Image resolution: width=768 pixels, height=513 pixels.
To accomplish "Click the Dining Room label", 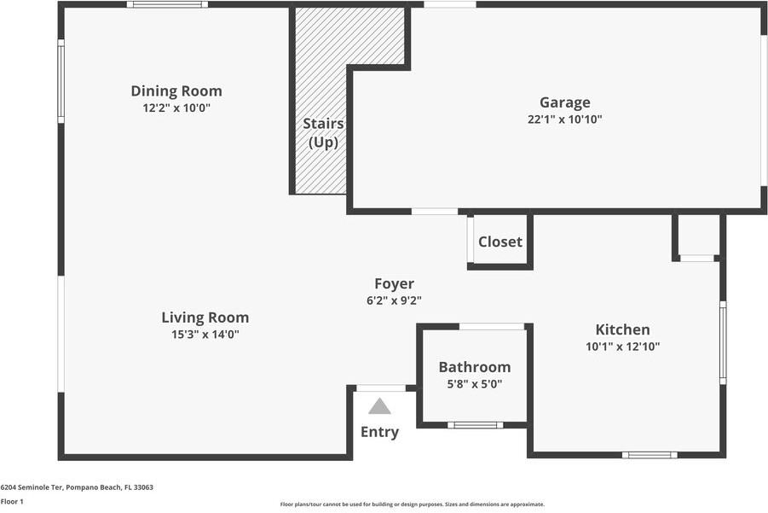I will click(x=176, y=91).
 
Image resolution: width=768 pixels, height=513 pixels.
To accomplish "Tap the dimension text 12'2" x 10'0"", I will click(x=176, y=108).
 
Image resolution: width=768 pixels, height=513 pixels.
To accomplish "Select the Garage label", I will click(x=564, y=102).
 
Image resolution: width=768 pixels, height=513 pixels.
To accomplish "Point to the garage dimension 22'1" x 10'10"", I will click(x=564, y=120).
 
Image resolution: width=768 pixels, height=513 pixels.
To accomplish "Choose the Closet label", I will click(x=499, y=242).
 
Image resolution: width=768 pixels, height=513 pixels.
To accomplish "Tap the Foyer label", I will click(x=394, y=284).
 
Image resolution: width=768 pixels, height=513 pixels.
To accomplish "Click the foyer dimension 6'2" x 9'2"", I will click(x=394, y=300).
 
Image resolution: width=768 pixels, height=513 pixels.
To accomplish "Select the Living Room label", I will click(x=205, y=318).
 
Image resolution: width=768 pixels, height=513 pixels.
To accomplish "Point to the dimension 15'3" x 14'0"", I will click(x=205, y=335).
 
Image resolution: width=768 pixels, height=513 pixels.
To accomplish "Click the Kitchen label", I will click(x=622, y=329).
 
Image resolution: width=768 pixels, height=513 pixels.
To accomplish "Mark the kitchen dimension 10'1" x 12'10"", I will click(x=622, y=347).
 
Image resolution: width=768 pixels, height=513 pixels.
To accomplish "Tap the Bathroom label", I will click(x=475, y=367).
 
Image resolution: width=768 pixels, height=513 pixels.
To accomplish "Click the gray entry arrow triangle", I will click(x=379, y=406).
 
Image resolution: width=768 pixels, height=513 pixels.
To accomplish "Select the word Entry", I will click(x=379, y=432).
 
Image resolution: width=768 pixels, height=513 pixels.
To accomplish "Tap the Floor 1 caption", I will click(x=12, y=502).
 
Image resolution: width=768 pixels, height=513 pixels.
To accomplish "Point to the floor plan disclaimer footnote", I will click(x=412, y=504).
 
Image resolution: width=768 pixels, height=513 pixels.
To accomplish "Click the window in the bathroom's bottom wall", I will click(x=475, y=424).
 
